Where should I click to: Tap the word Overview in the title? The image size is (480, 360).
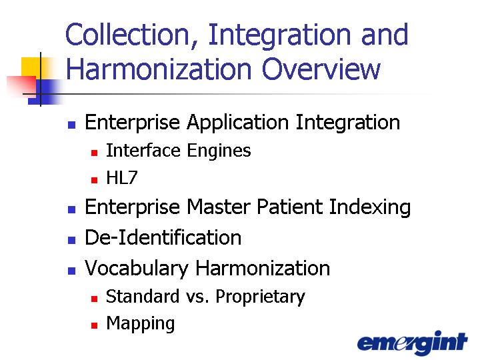click(x=321, y=69)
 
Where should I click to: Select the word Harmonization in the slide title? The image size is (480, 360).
click(x=159, y=69)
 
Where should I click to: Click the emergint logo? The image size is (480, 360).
click(x=413, y=343)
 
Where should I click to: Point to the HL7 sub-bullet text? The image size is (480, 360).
click(x=122, y=177)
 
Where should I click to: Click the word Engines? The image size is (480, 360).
click(x=219, y=151)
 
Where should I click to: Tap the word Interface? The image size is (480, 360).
click(x=143, y=150)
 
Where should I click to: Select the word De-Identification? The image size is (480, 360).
click(x=163, y=237)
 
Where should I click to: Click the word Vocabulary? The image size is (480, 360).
click(x=137, y=269)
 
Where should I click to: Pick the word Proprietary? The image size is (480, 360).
click(x=260, y=297)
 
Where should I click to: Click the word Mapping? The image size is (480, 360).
click(x=141, y=323)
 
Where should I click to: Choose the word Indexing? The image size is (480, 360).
click(x=370, y=207)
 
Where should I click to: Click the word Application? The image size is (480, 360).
click(x=238, y=123)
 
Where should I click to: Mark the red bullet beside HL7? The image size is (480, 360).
click(x=94, y=180)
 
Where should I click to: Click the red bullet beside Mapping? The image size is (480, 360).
click(x=94, y=325)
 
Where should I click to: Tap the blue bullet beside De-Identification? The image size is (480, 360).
click(x=71, y=240)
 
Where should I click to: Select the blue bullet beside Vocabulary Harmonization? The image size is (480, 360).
click(x=71, y=271)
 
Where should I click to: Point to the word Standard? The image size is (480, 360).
click(x=143, y=296)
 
